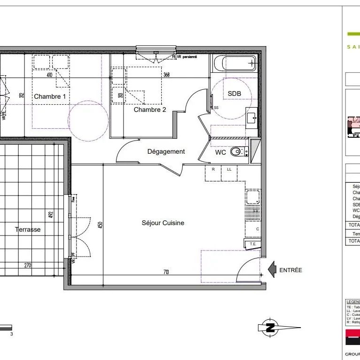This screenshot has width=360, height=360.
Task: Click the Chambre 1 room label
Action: pyautogui.click(x=50, y=96)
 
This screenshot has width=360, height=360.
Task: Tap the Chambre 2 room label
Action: pyautogui.click(x=150, y=110)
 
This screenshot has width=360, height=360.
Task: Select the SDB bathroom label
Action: pyautogui.click(x=234, y=94)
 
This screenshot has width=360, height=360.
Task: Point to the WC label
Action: pyautogui.click(x=220, y=153)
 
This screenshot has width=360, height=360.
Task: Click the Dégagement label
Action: pyautogui.click(x=166, y=151)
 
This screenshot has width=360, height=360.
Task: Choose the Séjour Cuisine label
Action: pyautogui.click(x=163, y=223)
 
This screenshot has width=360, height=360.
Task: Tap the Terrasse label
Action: pyautogui.click(x=28, y=230)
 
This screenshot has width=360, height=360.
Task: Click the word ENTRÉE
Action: pyautogui.click(x=290, y=270)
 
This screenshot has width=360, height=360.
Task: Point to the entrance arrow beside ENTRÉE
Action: pyautogui.click(x=272, y=270)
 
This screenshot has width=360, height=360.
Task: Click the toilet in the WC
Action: pyautogui.click(x=238, y=152)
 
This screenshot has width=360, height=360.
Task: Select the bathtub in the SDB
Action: pyautogui.click(x=234, y=63)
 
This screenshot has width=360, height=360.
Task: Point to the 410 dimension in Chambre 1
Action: pyautogui.click(x=49, y=75)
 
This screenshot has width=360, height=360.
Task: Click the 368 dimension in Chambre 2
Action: pyautogui.click(x=166, y=75)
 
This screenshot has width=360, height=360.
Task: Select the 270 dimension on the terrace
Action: pyautogui.click(x=27, y=266)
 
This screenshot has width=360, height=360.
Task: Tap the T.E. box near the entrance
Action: pyautogui.click(x=252, y=243)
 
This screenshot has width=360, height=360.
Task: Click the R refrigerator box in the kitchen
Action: pyautogui.click(x=213, y=169)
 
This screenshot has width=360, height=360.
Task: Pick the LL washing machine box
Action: pyautogui.click(x=229, y=169)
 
